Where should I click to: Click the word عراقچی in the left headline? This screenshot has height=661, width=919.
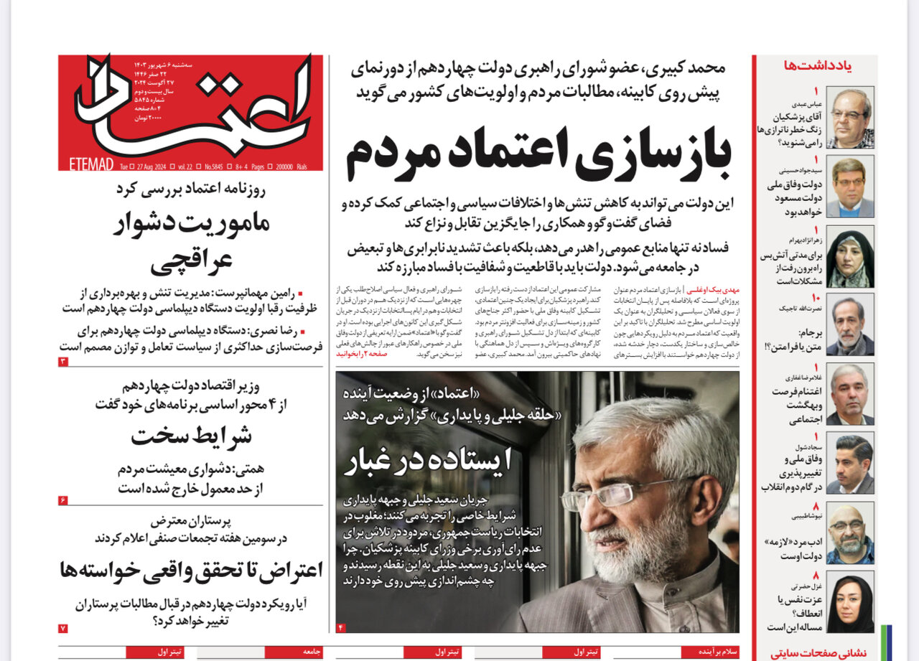point(191,262)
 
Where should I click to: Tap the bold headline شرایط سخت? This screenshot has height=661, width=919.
point(190,436)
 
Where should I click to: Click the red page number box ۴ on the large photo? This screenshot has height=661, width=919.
point(341,628)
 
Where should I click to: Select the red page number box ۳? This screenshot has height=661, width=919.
point(63,362)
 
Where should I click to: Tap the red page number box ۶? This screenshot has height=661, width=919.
point(63,500)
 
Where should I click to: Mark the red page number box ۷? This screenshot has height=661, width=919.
point(63,628)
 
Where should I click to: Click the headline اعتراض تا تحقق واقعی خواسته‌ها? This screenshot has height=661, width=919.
point(191,571)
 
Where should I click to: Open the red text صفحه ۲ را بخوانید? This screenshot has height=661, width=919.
point(357,354)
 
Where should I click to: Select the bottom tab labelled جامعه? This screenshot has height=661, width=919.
point(311,652)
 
